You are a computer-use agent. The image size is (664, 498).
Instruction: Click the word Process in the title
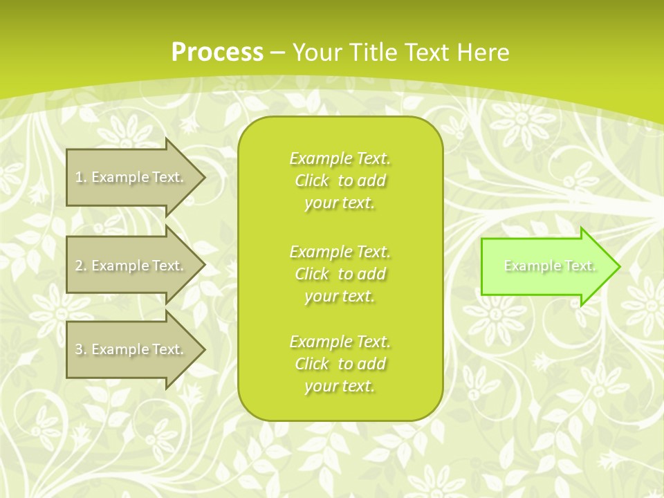point(217,53)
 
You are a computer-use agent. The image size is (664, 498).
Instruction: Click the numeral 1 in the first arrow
point(79,177)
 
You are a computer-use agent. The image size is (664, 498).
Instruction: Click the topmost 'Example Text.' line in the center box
point(340,158)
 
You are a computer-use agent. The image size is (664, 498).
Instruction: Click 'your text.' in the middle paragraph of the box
point(340,296)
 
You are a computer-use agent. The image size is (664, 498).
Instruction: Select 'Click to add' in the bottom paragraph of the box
point(340,364)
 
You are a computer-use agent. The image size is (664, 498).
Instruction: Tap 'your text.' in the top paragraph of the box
point(340,203)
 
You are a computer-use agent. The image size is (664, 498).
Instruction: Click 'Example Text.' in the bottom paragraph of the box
point(340,342)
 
